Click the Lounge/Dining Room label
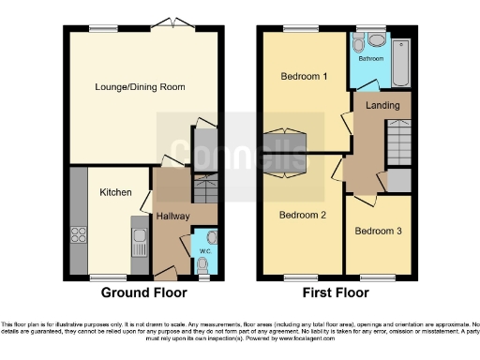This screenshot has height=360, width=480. pyautogui.click(x=140, y=87)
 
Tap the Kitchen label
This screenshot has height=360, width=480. pyautogui.click(x=114, y=193)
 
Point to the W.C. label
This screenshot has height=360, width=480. pyautogui.click(x=204, y=250)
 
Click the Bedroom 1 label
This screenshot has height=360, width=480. pyautogui.click(x=302, y=77)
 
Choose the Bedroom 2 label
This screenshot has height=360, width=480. pyautogui.click(x=302, y=215)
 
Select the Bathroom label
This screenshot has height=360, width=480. pyautogui.click(x=368, y=57)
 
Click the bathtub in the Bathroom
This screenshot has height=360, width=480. pyautogui.click(x=401, y=60)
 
